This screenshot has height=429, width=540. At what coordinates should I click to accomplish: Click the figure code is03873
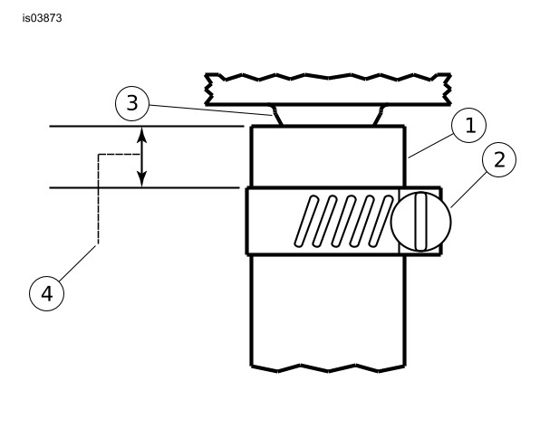(42, 18)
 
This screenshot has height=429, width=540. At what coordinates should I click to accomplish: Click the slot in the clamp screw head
(420, 222)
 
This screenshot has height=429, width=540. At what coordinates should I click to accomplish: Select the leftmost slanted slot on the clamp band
(306, 221)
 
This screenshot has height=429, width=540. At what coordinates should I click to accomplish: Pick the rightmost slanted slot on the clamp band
(381, 221)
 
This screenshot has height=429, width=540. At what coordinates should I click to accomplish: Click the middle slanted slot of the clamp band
(343, 221)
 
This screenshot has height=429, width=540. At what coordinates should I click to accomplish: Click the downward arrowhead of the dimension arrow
(141, 179)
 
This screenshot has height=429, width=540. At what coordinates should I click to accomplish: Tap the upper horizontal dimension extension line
(147, 127)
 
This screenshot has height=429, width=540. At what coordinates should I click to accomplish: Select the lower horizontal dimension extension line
(145, 188)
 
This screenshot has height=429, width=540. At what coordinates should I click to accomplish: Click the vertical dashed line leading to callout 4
(99, 199)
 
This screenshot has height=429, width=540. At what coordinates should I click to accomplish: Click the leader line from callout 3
(211, 110)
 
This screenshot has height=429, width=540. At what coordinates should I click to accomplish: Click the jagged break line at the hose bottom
(328, 368)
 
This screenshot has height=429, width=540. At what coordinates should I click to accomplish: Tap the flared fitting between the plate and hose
(328, 116)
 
